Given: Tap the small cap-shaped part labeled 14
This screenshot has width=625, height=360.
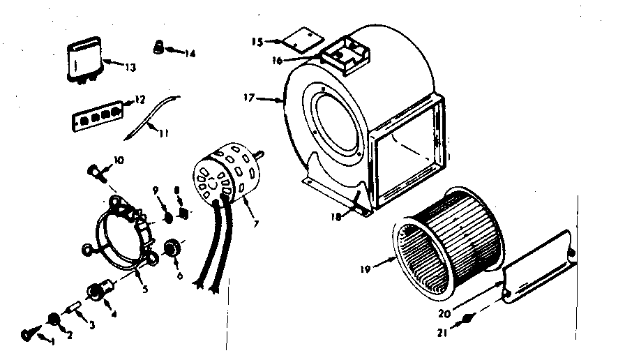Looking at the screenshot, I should [158, 47].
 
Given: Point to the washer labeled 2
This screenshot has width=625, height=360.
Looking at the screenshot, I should [52, 320].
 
